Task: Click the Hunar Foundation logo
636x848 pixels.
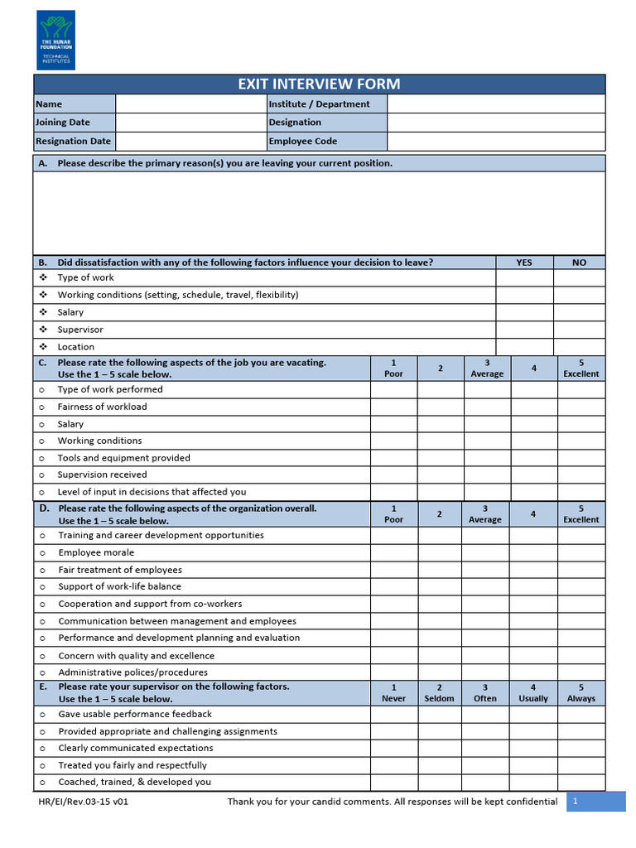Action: point(55,40)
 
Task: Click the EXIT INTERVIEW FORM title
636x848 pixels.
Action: point(319,84)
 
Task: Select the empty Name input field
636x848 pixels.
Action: point(190,104)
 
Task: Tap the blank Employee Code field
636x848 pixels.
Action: point(495,142)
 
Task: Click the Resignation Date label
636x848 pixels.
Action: point(74,142)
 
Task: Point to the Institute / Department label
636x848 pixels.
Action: point(319,104)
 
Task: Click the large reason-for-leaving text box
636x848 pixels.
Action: point(319,212)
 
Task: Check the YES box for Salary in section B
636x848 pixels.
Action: point(524,312)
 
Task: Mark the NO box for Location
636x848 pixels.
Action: point(579,347)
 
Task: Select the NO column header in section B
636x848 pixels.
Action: point(579,263)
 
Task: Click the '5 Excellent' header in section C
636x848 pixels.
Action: point(581,369)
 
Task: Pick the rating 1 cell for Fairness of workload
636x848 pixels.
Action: point(393,407)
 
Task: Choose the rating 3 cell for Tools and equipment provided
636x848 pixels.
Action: point(487,458)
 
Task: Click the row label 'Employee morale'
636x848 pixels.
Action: point(96,552)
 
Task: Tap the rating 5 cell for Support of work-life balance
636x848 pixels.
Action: point(581,587)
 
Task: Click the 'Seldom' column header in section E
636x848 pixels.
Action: point(439,693)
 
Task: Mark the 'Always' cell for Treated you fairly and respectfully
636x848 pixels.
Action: point(581,765)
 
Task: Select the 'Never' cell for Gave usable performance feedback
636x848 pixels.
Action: point(393,714)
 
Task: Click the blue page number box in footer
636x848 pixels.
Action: point(595,802)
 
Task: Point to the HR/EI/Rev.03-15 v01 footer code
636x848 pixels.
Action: point(83,802)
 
